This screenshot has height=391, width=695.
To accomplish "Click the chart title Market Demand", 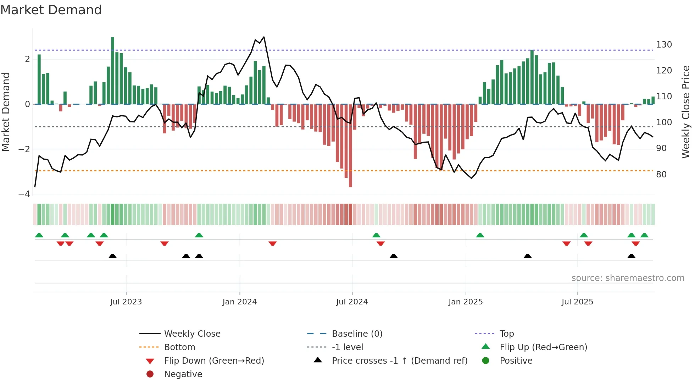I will (x=51, y=10).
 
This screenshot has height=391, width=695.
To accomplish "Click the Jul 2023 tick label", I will (x=126, y=302).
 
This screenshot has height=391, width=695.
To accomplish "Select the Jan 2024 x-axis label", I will (x=239, y=302).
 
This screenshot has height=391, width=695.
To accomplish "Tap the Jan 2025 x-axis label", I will (x=465, y=302).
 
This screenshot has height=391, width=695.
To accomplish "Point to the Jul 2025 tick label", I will (x=577, y=302).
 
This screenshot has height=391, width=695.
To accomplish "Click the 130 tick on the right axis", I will (x=664, y=45).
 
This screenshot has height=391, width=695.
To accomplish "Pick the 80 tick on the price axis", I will (x=661, y=175).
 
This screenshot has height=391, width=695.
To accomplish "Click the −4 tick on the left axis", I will (x=24, y=194).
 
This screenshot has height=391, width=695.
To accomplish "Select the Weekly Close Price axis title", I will (x=686, y=112).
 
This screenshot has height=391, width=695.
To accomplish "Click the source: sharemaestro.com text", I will (x=628, y=278).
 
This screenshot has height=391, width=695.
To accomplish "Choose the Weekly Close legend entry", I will (x=192, y=334).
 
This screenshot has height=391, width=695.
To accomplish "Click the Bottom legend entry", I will (x=179, y=347).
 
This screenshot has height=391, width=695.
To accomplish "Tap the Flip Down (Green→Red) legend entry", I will (x=214, y=361).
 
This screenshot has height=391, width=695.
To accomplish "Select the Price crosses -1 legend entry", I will (x=399, y=361).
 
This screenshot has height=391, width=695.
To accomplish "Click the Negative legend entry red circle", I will (x=150, y=374).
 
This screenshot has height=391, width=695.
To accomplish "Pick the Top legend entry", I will (x=506, y=334).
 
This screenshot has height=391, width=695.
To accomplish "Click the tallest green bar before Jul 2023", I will (x=113, y=71).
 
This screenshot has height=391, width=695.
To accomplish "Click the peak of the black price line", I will (x=264, y=37).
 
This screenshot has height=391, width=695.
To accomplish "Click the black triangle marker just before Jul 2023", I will (x=112, y=256).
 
